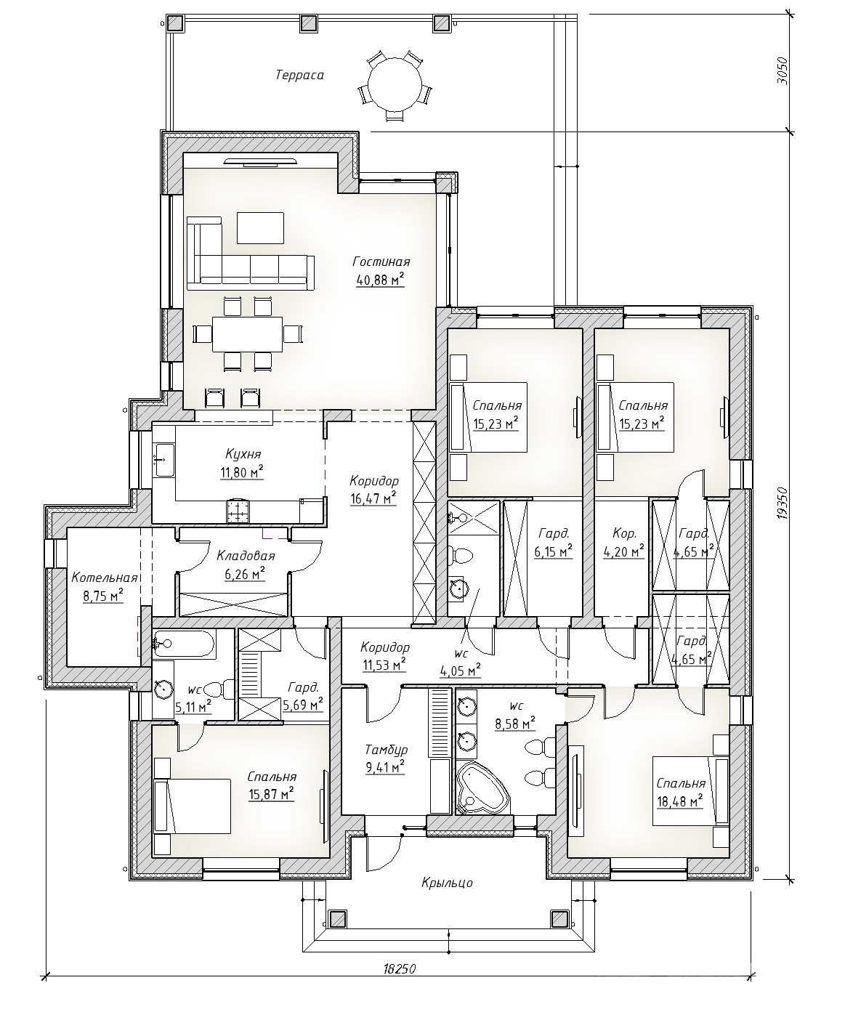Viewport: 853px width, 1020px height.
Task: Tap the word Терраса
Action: point(299,76)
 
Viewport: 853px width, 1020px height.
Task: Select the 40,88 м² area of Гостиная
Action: point(380,280)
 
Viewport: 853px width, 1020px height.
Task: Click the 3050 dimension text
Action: point(783,72)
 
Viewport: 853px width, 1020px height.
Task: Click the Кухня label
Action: point(243,454)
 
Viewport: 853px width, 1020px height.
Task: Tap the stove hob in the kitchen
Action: point(238,511)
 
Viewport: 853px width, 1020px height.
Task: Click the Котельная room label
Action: point(104,578)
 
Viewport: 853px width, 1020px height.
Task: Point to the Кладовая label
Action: point(246,556)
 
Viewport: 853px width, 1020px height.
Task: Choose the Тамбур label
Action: point(386,749)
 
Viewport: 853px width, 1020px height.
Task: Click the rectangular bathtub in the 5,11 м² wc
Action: point(184,644)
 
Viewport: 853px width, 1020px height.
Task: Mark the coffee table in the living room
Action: point(260,227)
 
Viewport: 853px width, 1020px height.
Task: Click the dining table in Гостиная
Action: point(247,334)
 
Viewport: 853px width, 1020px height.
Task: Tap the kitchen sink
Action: point(164,460)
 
